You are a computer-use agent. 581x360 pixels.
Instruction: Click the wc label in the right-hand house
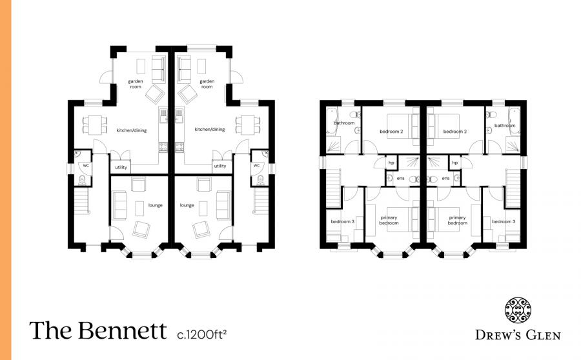[x=256, y=165]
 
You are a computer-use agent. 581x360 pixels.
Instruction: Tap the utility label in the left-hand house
[x=121, y=166]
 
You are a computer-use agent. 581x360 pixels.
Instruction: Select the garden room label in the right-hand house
[x=207, y=84]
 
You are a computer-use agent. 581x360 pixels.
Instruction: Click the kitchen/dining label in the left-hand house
[x=132, y=130]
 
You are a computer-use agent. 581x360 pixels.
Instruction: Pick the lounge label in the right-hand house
[x=187, y=205]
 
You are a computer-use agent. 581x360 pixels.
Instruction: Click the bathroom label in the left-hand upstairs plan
[x=344, y=123]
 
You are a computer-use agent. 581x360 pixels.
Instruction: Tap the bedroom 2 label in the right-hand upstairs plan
[x=454, y=132]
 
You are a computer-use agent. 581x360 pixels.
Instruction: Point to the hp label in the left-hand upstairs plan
[x=391, y=163]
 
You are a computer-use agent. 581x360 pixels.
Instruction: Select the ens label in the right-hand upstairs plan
[x=445, y=178]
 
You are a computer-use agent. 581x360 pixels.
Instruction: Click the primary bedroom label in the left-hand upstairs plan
[x=389, y=220]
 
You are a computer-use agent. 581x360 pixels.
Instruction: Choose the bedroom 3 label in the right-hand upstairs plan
[x=504, y=222]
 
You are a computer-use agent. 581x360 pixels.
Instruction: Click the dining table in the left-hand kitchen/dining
[x=95, y=123]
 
